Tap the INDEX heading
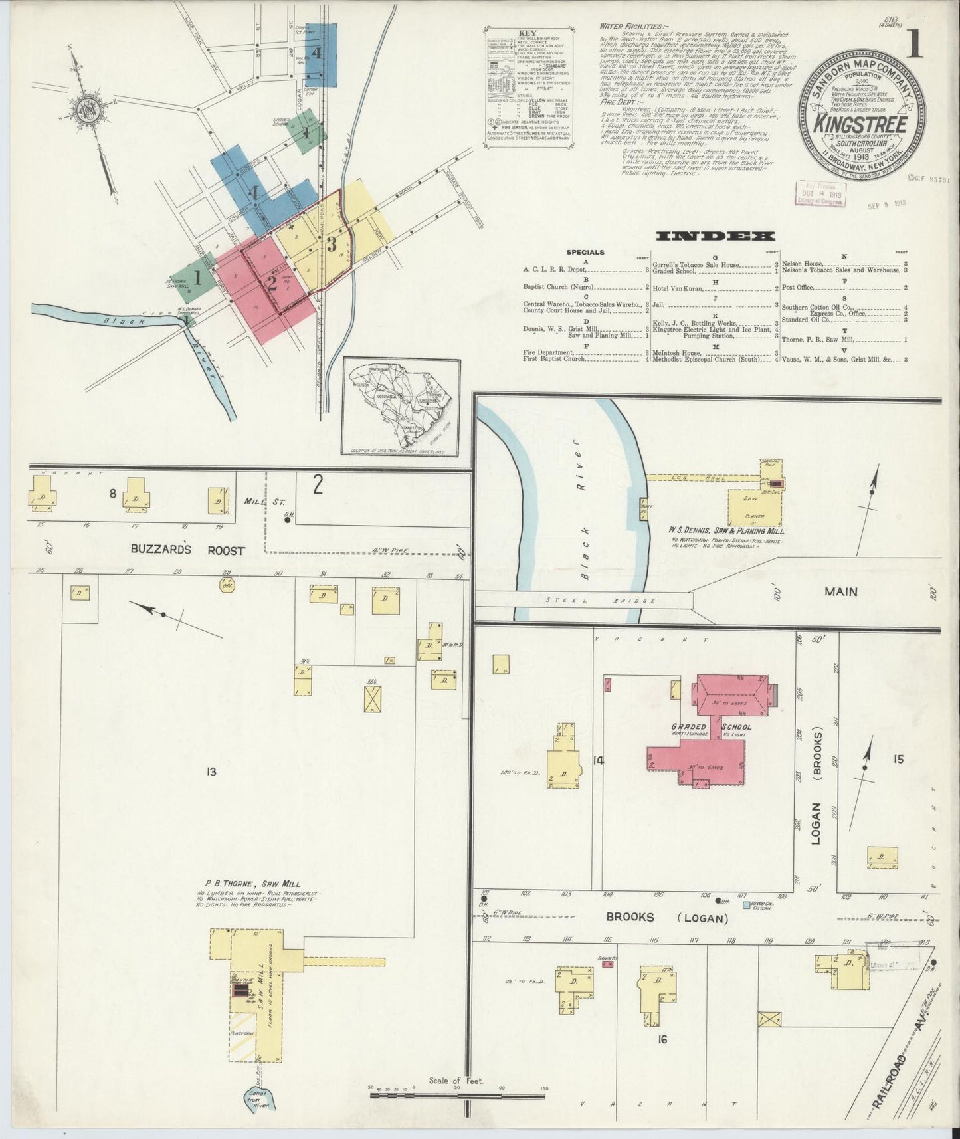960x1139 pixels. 715,236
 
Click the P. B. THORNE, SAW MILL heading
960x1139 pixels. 248,884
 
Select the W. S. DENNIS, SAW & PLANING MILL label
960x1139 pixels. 726,531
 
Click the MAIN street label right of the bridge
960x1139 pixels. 840,591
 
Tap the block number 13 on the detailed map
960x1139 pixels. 211,772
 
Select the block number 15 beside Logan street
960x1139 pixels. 898,759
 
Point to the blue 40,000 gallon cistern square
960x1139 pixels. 747,904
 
